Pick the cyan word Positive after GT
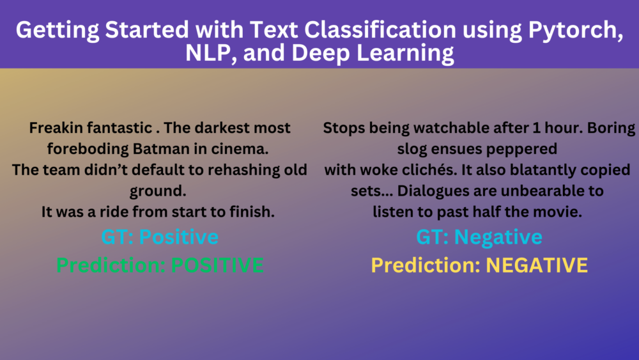pyautogui.click(x=179, y=237)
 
